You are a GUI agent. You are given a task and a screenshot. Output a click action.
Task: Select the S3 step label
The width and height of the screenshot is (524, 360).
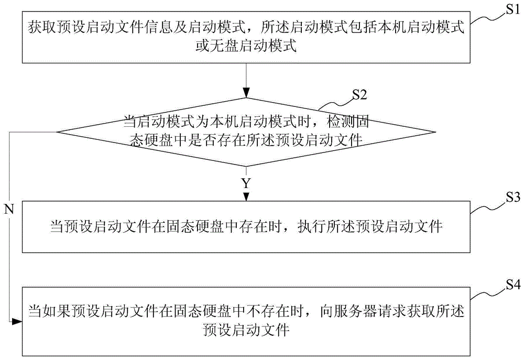(x=510, y=199)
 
